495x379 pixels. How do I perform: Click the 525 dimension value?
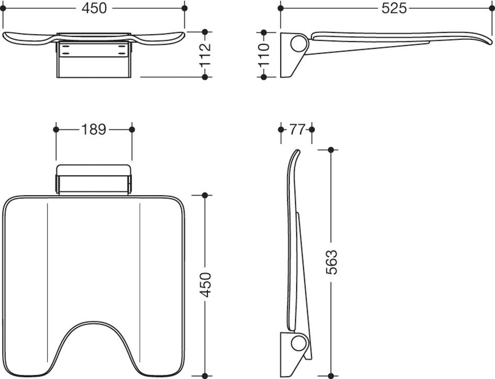(394, 8)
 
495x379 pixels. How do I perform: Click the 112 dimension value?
(205, 55)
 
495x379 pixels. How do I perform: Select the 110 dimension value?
(264, 55)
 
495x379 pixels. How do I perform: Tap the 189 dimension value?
(94, 129)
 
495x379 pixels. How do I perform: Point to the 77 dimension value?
(296, 129)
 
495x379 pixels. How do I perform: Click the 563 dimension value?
(331, 262)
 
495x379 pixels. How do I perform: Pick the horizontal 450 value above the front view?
(94, 8)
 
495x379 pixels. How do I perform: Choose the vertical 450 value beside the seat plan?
(205, 284)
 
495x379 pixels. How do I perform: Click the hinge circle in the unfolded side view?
(299, 44)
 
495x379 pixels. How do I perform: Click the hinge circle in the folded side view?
(299, 344)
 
